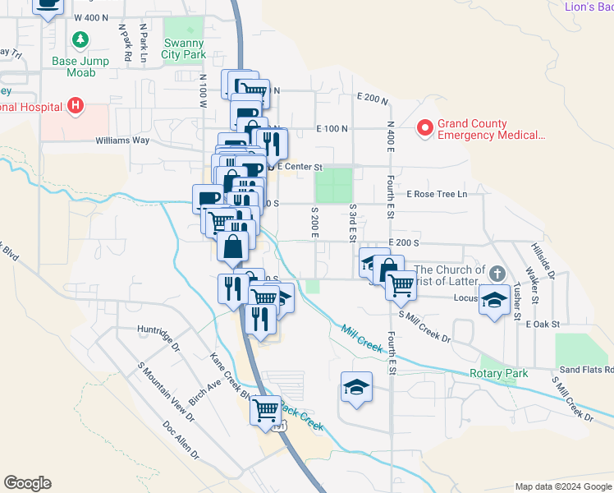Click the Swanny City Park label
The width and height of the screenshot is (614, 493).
[x=184, y=48]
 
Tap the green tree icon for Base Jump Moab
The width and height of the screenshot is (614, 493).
[x=80, y=39]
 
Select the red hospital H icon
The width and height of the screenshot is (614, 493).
[x=76, y=105]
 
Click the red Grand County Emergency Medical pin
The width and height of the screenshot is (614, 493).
[x=424, y=127]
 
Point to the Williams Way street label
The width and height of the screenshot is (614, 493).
[x=122, y=140]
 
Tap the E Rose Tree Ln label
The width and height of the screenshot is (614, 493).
[x=437, y=194]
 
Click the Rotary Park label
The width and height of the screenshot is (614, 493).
[x=499, y=373]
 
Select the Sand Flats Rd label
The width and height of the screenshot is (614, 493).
[x=584, y=371]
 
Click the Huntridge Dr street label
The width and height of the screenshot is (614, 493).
[x=158, y=332]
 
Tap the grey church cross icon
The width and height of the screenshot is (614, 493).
[x=496, y=272]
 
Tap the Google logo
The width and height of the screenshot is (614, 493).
[x=27, y=483]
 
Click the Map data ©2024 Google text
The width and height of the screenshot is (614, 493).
[x=562, y=486]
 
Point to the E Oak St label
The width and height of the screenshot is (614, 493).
[x=543, y=325]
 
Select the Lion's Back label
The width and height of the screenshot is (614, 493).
[x=589, y=7]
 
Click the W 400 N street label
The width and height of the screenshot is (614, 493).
[x=90, y=17]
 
